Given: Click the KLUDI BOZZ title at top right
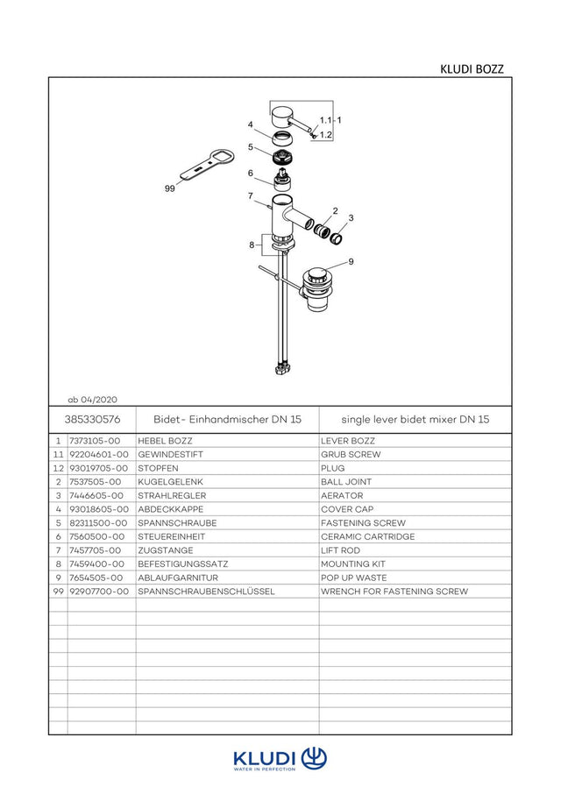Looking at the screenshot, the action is tap(472, 69).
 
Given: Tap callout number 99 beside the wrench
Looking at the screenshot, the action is tap(170, 188).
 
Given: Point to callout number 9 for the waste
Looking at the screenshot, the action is tap(351, 262).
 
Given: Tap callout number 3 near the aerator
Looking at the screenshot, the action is tap(351, 218).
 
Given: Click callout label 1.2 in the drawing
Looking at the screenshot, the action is tap(326, 135).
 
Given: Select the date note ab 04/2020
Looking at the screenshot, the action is tap(93, 400).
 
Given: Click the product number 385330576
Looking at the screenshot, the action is tap(93, 419).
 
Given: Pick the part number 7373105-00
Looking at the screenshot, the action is tap(95, 441).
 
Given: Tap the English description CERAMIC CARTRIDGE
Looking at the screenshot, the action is tap(367, 536).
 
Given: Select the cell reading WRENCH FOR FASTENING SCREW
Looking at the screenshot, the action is tap(394, 592).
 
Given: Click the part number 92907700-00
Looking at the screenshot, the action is tap(99, 592).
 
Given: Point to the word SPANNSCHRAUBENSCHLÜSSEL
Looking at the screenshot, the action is tap(206, 592).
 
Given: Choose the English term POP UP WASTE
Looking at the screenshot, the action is tap(354, 578).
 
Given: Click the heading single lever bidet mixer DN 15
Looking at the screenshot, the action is tap(415, 419).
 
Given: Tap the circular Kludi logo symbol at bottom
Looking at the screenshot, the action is tap(314, 758).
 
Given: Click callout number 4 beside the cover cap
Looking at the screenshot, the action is tap(250, 125).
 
